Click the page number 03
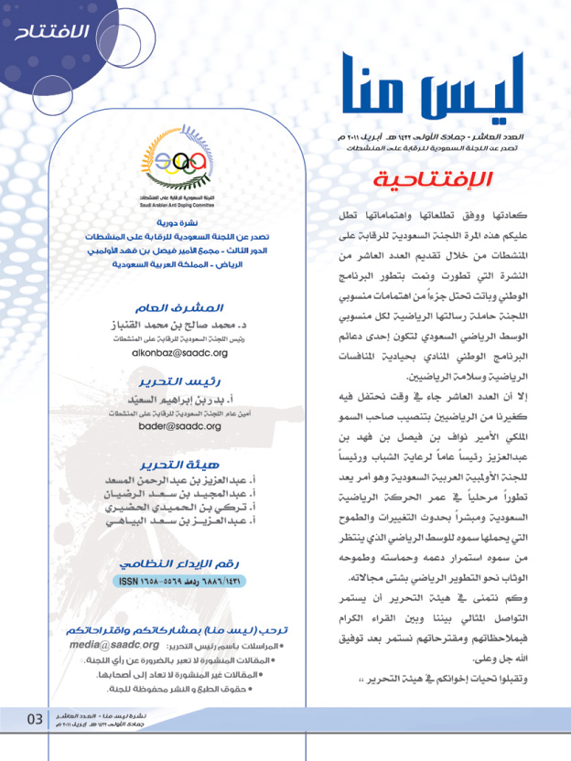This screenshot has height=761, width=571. pyautogui.click(x=34, y=718)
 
